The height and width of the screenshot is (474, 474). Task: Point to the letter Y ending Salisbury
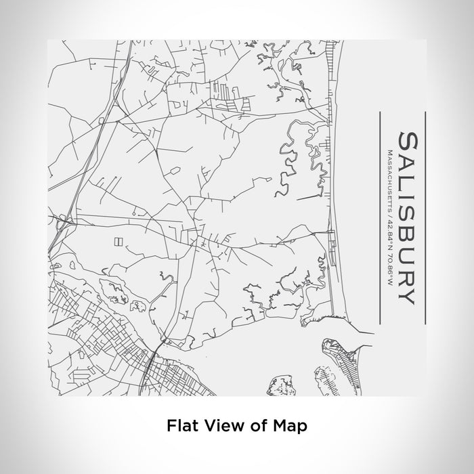tap(404, 296)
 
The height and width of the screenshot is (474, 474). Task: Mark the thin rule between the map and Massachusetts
tap(380, 217)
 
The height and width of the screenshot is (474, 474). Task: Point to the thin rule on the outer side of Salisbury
tap(425, 217)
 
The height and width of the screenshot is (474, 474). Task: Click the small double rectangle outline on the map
tap(119, 240)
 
